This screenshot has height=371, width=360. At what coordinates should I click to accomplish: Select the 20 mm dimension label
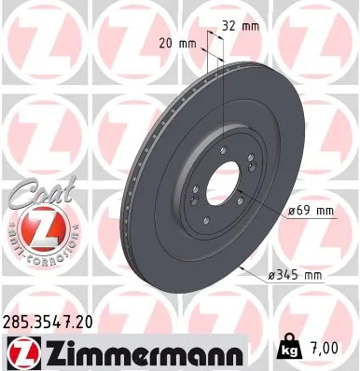coord(179,43)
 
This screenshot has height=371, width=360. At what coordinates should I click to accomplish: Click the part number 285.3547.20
coord(48,320)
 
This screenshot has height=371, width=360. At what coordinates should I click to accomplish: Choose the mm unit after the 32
coord(251,26)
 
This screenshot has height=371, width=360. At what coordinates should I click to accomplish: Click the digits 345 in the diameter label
coord(287,274)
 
